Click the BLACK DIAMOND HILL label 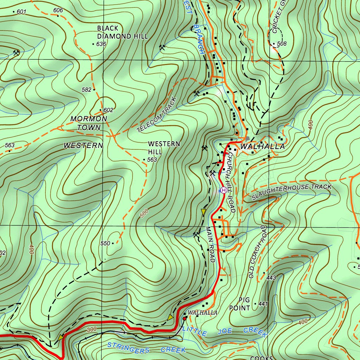[x=122, y=32]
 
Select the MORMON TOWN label [x=89, y=123]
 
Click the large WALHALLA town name [x=262, y=147]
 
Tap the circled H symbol [x=224, y=190]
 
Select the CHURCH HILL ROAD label [x=230, y=182]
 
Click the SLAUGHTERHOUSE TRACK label [x=291, y=192]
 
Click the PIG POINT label [x=244, y=304]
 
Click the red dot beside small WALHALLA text [x=184, y=319]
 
